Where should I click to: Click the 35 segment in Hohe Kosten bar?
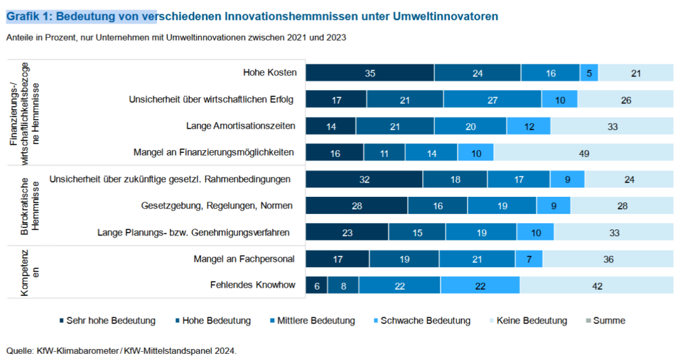click(370, 73)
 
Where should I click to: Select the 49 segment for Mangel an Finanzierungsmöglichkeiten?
click(583, 153)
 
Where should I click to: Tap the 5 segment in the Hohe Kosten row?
click(589, 73)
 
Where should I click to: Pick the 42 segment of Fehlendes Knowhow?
click(597, 286)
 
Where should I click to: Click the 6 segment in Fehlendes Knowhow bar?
click(317, 286)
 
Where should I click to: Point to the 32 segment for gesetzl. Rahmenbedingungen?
click(364, 179)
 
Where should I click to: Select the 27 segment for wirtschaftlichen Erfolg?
click(492, 99)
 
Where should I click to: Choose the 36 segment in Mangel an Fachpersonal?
click(608, 258)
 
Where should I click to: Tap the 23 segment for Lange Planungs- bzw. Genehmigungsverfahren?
click(347, 232)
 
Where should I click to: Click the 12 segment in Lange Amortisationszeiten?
click(529, 126)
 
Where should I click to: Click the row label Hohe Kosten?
click(269, 73)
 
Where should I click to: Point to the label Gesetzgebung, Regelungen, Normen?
click(218, 206)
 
